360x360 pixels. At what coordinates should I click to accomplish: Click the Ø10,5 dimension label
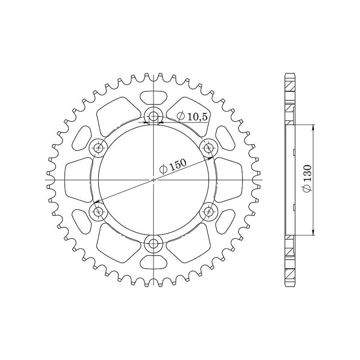coord(192,117)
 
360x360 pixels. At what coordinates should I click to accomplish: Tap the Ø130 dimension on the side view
coord(307,180)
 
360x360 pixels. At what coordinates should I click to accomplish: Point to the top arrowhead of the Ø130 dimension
coord(314,127)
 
